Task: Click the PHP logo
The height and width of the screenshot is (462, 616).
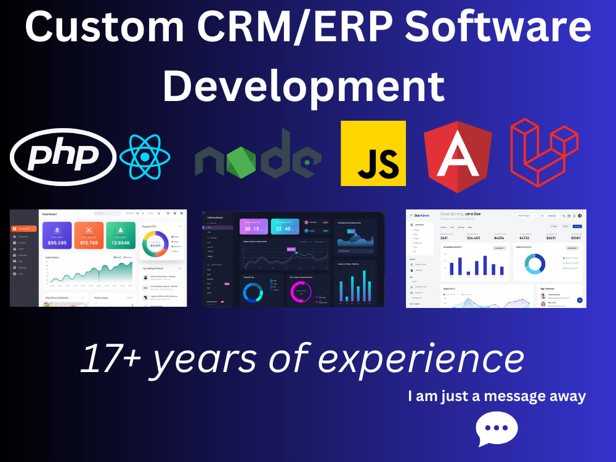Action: click(x=63, y=156)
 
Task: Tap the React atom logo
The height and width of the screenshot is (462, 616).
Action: click(x=145, y=156)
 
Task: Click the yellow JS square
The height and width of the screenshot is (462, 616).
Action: click(x=373, y=153)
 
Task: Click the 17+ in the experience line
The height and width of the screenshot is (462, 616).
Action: click(x=111, y=359)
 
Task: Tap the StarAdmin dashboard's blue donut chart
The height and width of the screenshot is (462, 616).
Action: click(x=534, y=264)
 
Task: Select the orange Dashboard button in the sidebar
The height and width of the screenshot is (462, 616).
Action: click(x=23, y=229)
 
